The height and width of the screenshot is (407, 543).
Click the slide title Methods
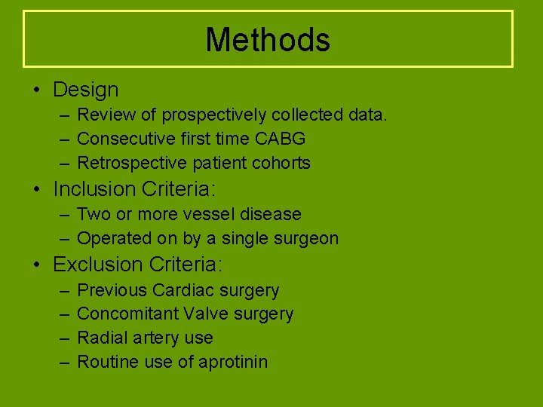268,40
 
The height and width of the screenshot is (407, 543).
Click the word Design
86,90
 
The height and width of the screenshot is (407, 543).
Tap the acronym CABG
281,139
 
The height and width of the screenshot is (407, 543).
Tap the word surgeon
305,239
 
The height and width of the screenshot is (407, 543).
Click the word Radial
101,338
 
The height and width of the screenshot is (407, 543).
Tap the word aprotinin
233,362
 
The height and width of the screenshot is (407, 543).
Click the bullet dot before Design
36,90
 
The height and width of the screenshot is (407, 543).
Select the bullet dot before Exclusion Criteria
36,265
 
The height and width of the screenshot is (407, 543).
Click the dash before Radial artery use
62,338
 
